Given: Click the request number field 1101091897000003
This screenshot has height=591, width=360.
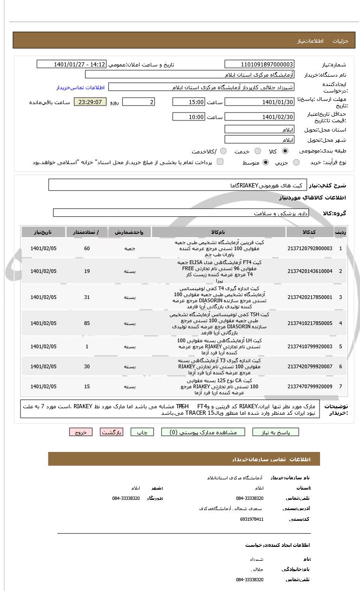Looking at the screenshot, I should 259,64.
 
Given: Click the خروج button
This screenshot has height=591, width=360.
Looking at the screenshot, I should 81,432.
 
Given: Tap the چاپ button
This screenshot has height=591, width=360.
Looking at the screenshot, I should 142,432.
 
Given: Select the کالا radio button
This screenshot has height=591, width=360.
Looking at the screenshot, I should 285,151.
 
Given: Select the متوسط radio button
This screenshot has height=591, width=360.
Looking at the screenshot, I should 266,162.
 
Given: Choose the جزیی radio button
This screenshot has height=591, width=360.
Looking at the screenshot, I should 296,162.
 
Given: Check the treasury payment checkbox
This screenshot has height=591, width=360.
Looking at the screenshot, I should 220,162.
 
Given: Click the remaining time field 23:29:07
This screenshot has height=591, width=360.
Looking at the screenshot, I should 90,102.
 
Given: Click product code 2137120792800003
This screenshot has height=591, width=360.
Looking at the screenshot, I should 310,248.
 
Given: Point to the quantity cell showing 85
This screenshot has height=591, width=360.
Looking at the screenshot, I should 87,323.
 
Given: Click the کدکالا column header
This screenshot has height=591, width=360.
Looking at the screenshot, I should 310,232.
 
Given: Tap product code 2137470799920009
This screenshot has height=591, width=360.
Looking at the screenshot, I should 310,386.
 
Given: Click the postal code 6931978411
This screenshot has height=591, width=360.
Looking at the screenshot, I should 252,519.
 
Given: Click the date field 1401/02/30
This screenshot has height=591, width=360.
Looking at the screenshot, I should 259,117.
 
